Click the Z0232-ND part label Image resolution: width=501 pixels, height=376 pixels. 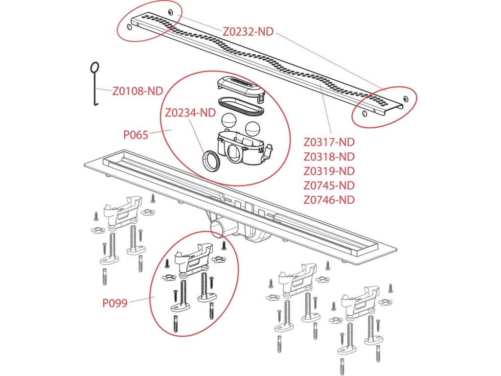[248, 32]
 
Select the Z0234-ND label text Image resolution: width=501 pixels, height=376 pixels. [190, 113]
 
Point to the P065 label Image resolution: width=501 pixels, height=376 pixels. [136, 135]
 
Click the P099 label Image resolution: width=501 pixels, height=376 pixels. [115, 303]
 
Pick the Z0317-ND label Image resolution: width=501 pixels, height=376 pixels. [329, 142]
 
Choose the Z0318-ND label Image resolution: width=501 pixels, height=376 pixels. [329, 157]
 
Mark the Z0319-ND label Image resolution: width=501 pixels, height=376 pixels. [329, 171]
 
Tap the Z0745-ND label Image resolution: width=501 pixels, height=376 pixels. [329, 186]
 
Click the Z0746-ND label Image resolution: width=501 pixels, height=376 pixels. [329, 200]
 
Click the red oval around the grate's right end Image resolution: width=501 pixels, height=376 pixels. [385, 107]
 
